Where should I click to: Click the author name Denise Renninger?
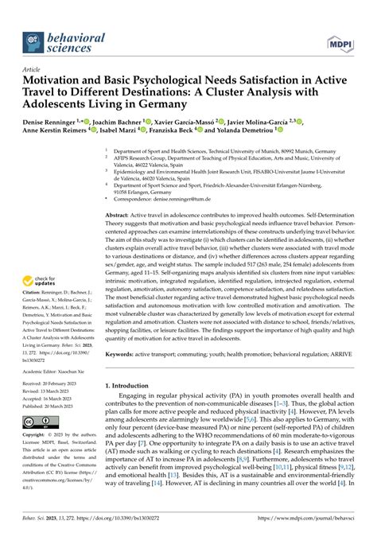[61, 120]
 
